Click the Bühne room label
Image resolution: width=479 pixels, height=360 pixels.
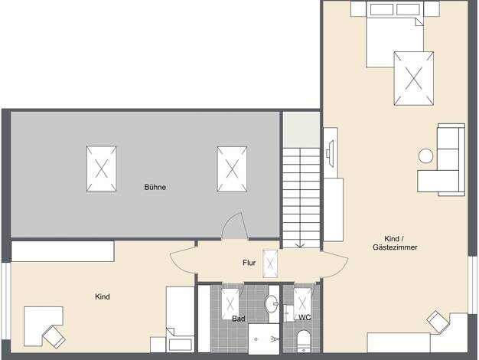[155, 187]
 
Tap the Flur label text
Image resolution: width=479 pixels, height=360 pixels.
[249, 263]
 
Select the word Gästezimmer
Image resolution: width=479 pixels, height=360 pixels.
[395, 247]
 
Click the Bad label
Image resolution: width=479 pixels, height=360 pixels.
[238, 319]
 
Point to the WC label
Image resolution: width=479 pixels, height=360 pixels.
[305, 317]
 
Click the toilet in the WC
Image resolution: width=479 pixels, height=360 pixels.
[303, 341]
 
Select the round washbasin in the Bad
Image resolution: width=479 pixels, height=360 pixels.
[272, 304]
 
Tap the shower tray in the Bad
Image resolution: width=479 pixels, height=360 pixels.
[264, 339]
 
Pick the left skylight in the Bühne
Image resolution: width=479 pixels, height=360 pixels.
[102, 169]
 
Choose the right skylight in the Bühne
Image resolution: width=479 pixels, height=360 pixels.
[232, 169]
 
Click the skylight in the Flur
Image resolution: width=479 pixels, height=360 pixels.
[270, 263]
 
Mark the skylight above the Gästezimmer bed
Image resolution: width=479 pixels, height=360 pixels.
[414, 78]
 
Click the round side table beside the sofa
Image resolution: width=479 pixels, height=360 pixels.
[425, 155]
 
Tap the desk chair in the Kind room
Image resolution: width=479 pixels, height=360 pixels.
[54, 337]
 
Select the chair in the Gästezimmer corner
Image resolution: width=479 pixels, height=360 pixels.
[438, 322]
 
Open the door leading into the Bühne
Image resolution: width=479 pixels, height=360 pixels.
[235, 225]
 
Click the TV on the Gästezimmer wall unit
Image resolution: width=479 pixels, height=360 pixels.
[330, 153]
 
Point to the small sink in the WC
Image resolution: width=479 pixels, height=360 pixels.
[288, 313]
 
